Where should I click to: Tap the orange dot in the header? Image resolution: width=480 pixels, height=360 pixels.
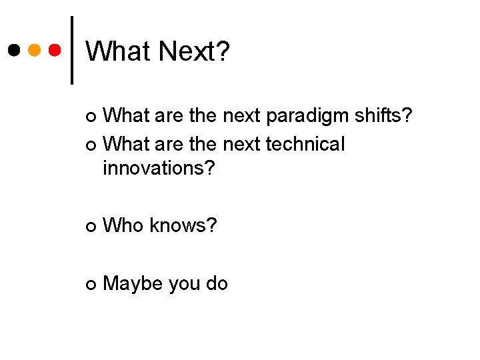(x=34, y=50)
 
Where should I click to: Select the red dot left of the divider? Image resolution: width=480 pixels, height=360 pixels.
(x=55, y=50)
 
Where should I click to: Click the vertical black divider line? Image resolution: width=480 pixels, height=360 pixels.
(x=72, y=50)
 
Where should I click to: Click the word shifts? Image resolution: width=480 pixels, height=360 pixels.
(x=381, y=117)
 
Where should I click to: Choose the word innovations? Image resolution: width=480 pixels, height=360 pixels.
(x=159, y=168)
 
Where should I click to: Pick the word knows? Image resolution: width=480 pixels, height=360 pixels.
(x=184, y=225)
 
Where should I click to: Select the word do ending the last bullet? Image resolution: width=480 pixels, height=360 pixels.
(x=217, y=284)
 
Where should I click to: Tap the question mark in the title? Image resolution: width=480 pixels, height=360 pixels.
(x=222, y=51)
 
